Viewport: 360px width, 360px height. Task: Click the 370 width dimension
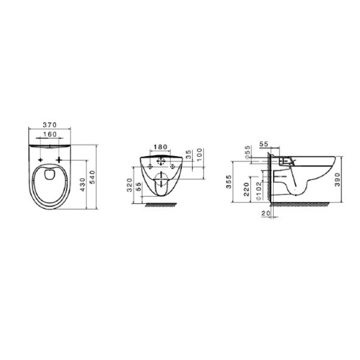tap(50, 125)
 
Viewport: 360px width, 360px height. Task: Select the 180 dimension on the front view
tap(160, 146)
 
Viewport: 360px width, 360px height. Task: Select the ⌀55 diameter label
tap(247, 154)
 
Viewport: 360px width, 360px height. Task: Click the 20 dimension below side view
tap(266, 213)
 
